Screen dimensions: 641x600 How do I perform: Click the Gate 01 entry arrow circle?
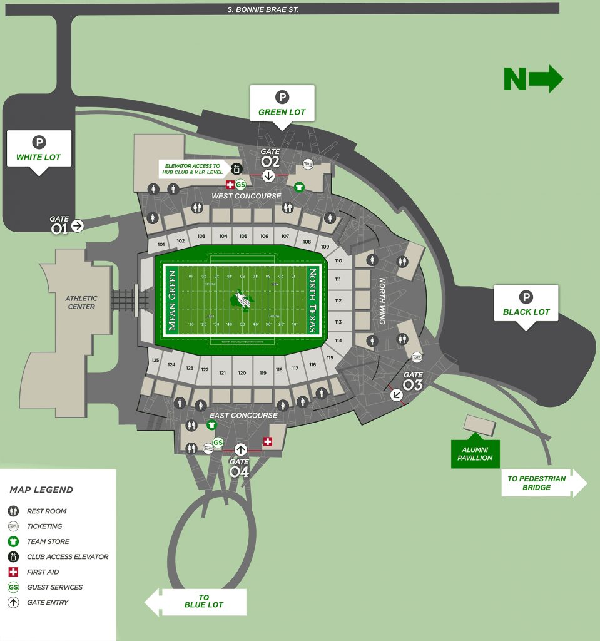pyautogui.click(x=78, y=226)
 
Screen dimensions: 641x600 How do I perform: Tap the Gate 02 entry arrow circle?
pyautogui.click(x=268, y=176)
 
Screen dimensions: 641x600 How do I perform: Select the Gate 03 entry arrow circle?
pyautogui.click(x=396, y=395)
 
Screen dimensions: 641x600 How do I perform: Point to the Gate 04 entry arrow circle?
pyautogui.click(x=240, y=449)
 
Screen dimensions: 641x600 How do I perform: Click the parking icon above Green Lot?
pyautogui.click(x=282, y=97)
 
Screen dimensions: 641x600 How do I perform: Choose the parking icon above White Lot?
pyautogui.click(x=39, y=142)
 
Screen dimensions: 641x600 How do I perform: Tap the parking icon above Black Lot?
pyautogui.click(x=526, y=297)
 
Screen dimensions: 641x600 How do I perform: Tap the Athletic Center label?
pyautogui.click(x=81, y=303)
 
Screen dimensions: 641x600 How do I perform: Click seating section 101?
pyautogui.click(x=161, y=244)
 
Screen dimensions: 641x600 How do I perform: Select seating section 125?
pyautogui.click(x=155, y=361)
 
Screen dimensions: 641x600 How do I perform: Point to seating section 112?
pyautogui.click(x=338, y=300)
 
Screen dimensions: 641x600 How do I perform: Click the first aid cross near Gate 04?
pyautogui.click(x=268, y=443)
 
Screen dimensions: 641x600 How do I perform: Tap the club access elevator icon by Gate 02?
pyautogui.click(x=236, y=168)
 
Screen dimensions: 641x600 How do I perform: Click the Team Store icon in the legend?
pyautogui.click(x=14, y=541)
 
